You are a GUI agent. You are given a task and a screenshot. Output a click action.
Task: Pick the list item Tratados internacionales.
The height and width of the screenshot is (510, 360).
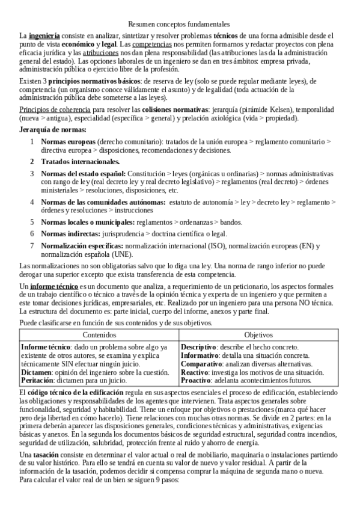pyautogui.click(x=80, y=162)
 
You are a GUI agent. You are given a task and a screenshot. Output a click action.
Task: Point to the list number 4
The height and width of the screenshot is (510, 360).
pyautogui.click(x=32, y=203)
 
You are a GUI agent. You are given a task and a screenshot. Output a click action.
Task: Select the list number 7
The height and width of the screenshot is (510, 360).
pyautogui.click(x=32, y=245)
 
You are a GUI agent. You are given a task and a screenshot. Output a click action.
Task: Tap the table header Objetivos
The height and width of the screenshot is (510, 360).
pyautogui.click(x=258, y=335)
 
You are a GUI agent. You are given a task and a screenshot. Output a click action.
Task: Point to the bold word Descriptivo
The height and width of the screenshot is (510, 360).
pyautogui.click(x=198, y=348)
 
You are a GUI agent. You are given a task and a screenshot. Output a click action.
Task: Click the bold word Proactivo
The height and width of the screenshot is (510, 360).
pyautogui.click(x=196, y=381)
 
